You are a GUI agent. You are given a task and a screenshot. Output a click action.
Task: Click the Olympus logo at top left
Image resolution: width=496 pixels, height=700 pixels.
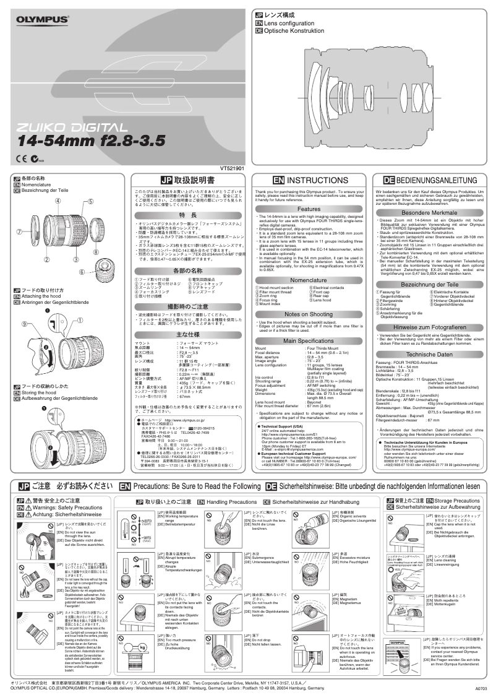coord(42,21)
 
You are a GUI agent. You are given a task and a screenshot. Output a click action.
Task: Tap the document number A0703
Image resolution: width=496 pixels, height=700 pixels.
coord(481,689)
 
